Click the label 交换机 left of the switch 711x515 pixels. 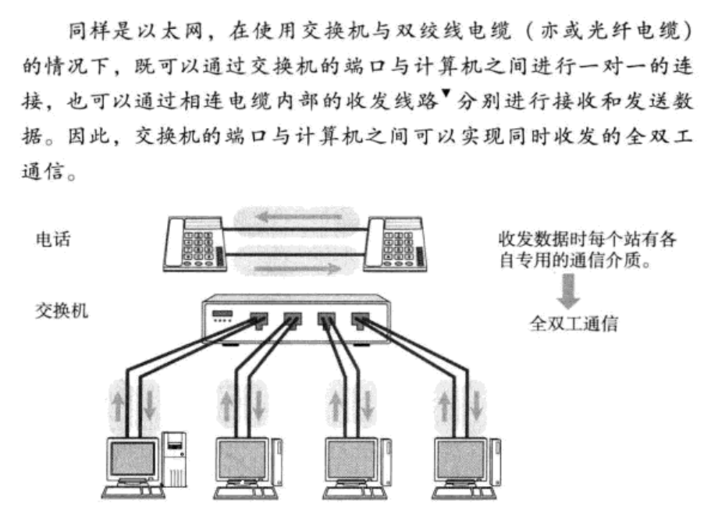pyautogui.click(x=62, y=311)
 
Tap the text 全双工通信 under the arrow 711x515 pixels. pyautogui.click(x=573, y=323)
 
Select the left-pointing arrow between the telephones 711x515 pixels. pyautogui.click(x=293, y=214)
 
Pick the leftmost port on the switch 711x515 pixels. pyautogui.click(x=257, y=319)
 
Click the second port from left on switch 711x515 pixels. pyautogui.click(x=293, y=319)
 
